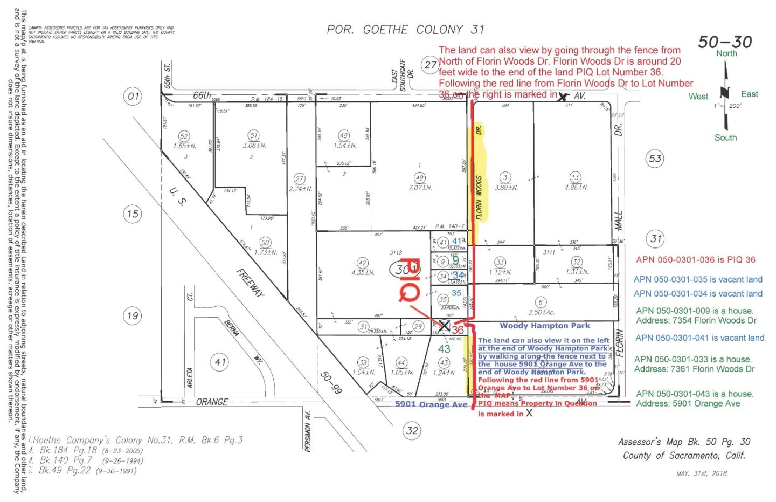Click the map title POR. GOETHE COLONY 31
pyautogui.click(x=405, y=30)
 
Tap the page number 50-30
pyautogui.click(x=725, y=42)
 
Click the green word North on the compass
pyautogui.click(x=726, y=53)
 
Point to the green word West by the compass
pyautogui.click(x=698, y=97)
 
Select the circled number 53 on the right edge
pyautogui.click(x=655, y=159)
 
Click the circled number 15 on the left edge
pyautogui.click(x=133, y=214)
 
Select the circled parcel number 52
pyautogui.click(x=184, y=136)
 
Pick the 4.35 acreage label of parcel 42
pyautogui.click(x=363, y=272)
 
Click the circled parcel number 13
pyautogui.click(x=576, y=177)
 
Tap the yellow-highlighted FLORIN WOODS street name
pyautogui.click(x=479, y=197)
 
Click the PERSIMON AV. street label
pyautogui.click(x=308, y=432)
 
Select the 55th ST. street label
pyautogui.click(x=168, y=75)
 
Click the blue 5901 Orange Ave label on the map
pyautogui.click(x=431, y=404)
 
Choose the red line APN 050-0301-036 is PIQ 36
pyautogui.click(x=696, y=259)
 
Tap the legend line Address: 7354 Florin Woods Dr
pyautogui.click(x=695, y=320)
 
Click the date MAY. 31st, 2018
pyautogui.click(x=701, y=473)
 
